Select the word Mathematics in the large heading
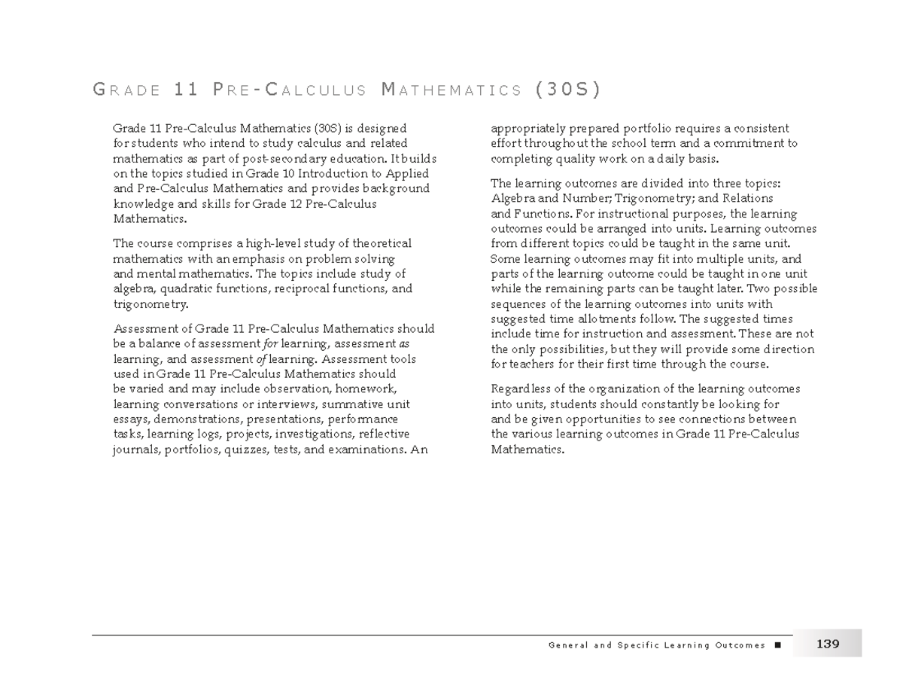tap(451, 91)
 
